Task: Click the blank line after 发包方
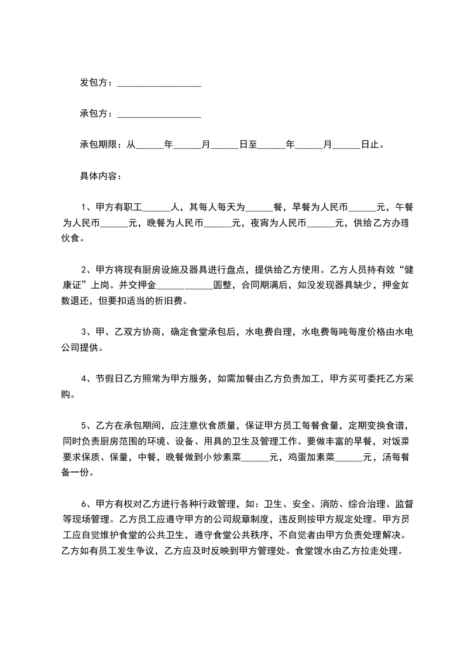(x=159, y=83)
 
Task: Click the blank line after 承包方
(x=159, y=114)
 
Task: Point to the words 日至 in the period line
(x=249, y=145)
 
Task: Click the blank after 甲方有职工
(x=156, y=207)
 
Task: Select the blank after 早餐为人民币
(x=362, y=207)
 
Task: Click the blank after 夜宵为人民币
(x=321, y=223)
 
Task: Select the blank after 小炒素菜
(x=255, y=458)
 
